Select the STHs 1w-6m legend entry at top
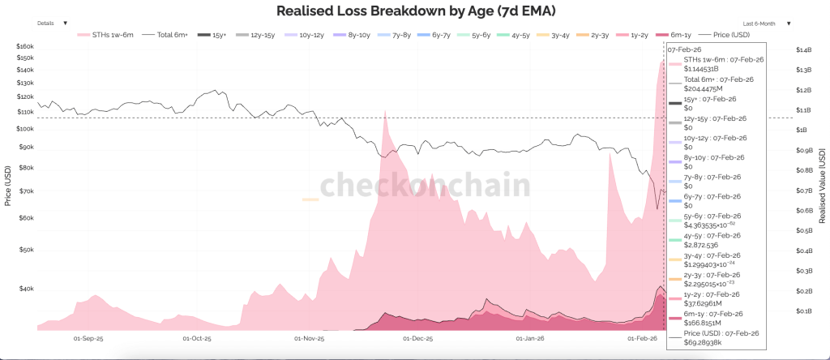pos(109,35)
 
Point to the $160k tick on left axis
pos(26,46)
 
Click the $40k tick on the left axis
pos(26,289)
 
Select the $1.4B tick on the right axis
pos(802,50)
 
